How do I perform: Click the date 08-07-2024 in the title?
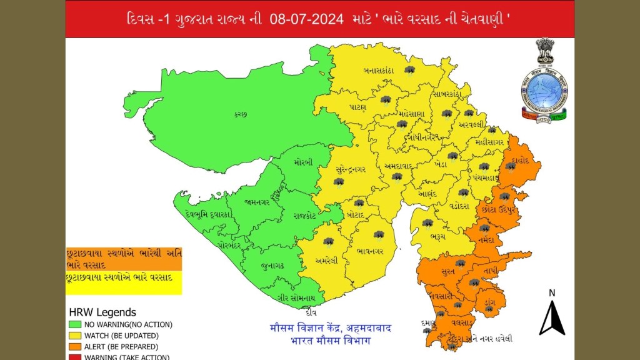(x=307, y=19)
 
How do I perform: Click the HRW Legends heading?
(x=101, y=312)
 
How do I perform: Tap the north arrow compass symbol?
(x=552, y=316)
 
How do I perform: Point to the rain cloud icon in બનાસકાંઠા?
(x=410, y=70)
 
